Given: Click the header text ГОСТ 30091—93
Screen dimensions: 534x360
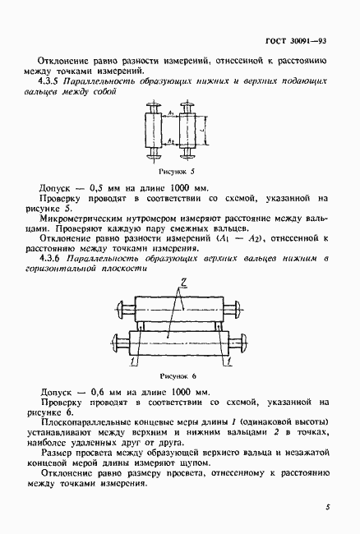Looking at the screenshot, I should (x=297, y=40).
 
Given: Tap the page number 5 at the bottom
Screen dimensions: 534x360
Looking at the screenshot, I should (x=326, y=507).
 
